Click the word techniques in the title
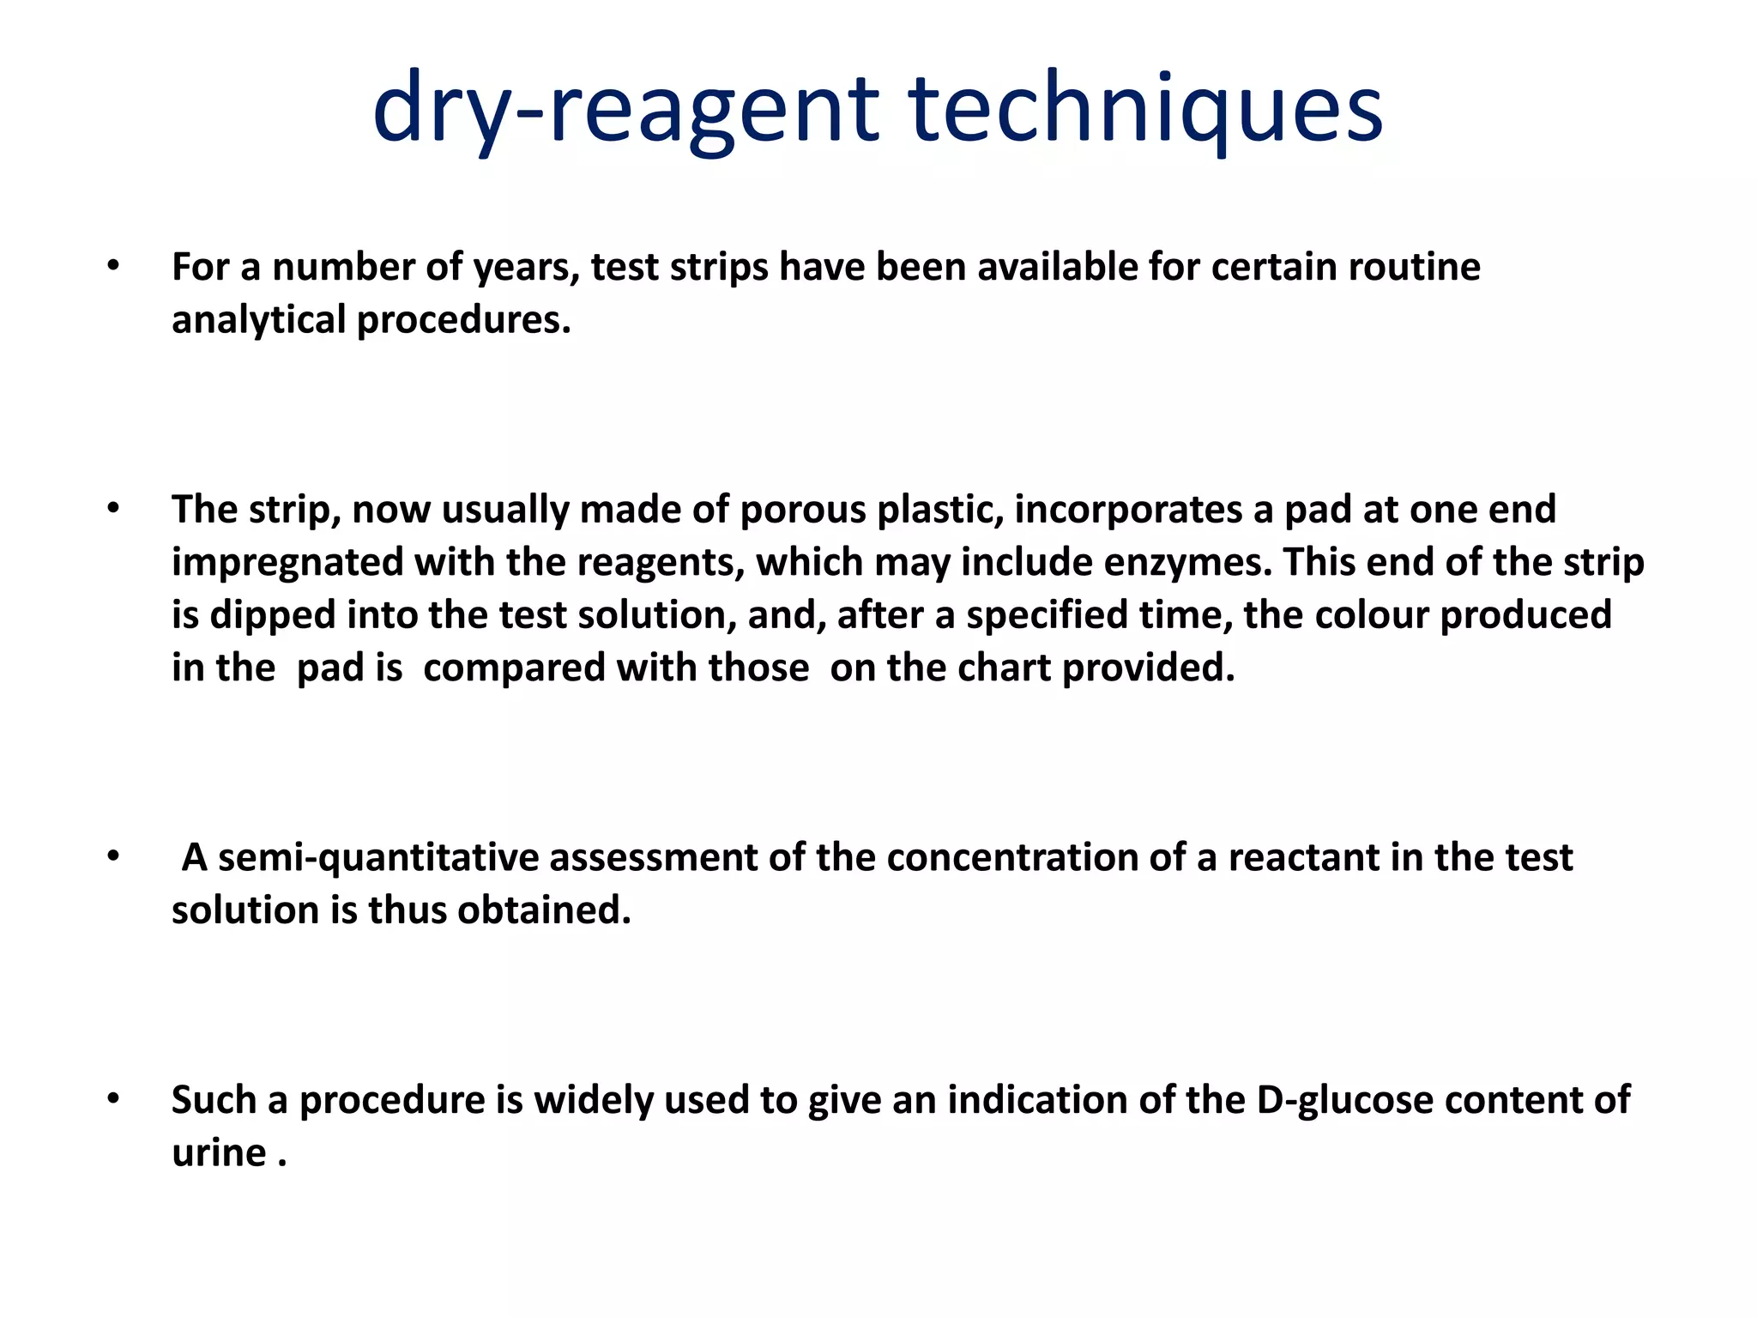tap(1144, 109)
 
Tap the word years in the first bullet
tap(526, 268)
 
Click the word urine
tap(219, 1152)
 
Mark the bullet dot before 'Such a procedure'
tap(113, 1099)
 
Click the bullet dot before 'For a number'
tap(113, 267)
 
